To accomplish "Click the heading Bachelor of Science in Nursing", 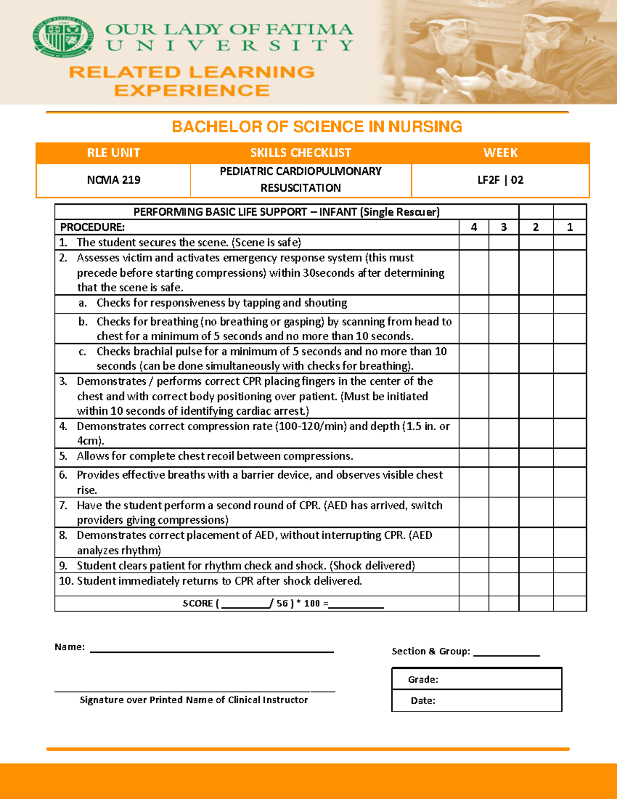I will click(317, 127).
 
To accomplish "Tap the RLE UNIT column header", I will click(113, 153).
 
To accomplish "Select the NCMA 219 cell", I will click(113, 180).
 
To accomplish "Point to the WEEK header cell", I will click(500, 153).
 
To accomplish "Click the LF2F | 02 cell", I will click(500, 180).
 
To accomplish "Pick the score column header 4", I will click(474, 227).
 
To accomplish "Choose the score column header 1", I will click(570, 227).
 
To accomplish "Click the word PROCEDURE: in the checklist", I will click(93, 227).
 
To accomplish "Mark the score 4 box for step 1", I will click(474, 242).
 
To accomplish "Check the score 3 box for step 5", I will click(503, 457).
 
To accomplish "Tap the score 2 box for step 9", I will click(536, 565).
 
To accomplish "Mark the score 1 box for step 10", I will click(570, 584).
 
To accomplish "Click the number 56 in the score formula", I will click(282, 603).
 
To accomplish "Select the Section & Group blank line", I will click(506, 652).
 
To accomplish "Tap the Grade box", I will click(477, 679).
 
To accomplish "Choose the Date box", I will click(477, 700).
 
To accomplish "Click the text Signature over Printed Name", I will click(194, 700).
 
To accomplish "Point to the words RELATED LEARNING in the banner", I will click(192, 72).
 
